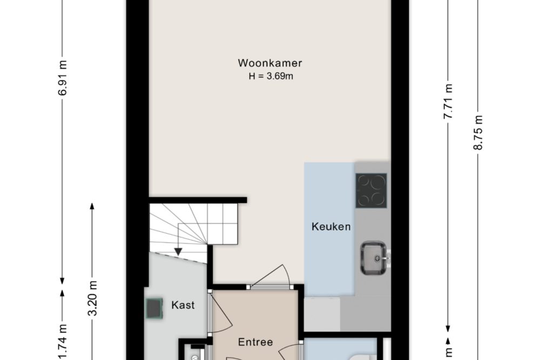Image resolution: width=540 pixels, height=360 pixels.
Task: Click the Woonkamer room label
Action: [270, 63]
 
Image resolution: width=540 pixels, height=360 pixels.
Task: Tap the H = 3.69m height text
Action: [271, 76]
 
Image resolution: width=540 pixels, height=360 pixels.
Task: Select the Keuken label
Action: [331, 227]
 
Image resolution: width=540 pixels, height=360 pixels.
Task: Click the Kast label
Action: [183, 305]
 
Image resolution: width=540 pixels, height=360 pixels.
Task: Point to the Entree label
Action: [255, 342]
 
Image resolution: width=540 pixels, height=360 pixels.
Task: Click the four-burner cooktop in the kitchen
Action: [372, 191]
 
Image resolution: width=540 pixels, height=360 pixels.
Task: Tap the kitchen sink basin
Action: [373, 258]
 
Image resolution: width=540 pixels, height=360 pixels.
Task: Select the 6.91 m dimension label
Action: [63, 78]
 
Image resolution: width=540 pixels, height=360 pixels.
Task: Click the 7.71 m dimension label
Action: [448, 101]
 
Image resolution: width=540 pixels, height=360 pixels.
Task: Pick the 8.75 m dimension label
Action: [478, 133]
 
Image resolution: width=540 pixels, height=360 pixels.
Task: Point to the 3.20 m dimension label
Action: [92, 298]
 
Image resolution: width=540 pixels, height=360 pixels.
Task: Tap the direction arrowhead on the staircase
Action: [178, 252]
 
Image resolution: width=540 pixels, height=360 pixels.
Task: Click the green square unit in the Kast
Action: [154, 308]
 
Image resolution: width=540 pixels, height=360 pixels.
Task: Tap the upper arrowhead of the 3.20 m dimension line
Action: [92, 206]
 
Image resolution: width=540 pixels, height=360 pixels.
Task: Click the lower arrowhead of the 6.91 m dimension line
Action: [62, 281]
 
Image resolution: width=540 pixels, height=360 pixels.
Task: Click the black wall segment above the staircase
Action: [198, 200]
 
